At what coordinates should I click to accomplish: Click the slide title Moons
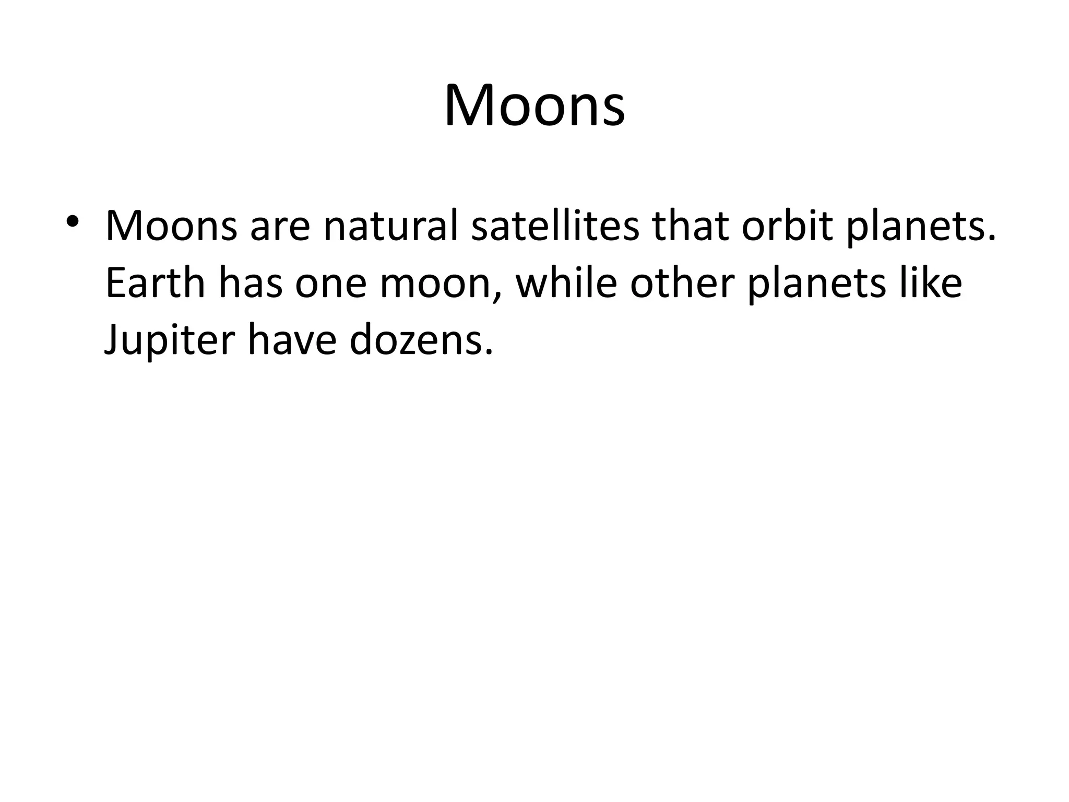pos(534,106)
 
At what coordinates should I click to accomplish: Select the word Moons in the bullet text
pos(171,226)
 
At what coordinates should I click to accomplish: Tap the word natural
pos(390,226)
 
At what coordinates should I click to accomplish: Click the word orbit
pos(787,226)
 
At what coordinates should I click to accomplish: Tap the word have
pos(292,340)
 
